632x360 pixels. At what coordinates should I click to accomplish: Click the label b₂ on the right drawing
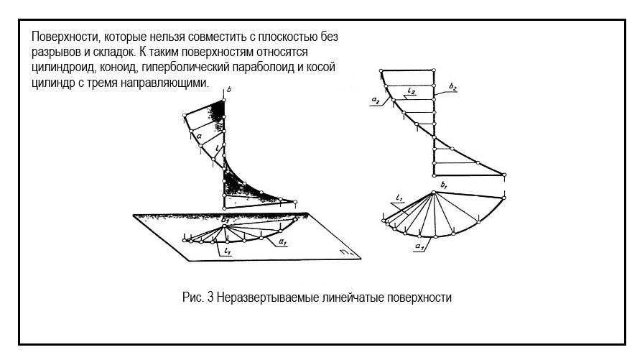coord(452,87)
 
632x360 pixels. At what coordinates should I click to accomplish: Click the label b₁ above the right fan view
coord(445,186)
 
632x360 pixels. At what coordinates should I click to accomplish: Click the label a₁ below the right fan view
coord(418,246)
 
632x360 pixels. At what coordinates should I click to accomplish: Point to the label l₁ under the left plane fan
coord(227,251)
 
